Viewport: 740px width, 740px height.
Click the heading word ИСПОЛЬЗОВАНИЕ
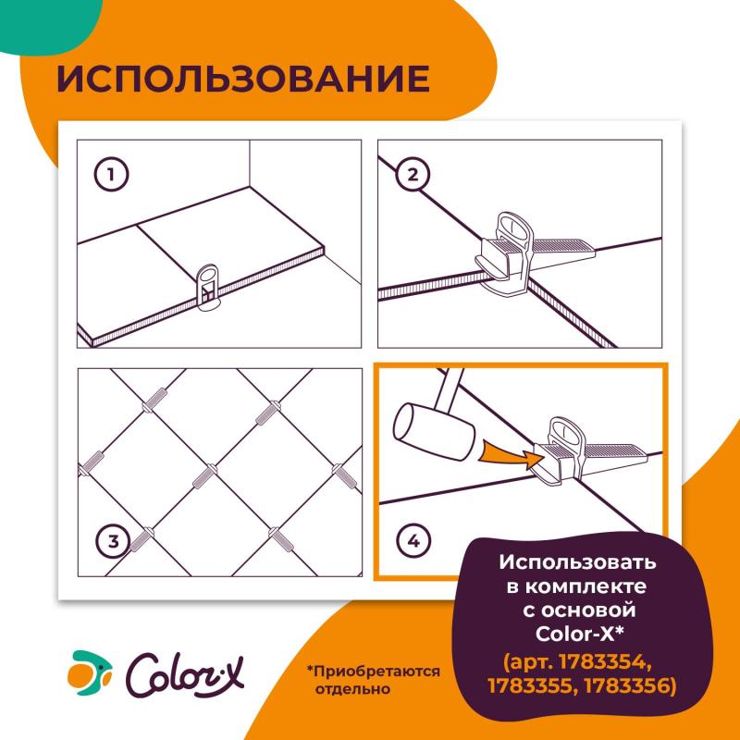pyautogui.click(x=243, y=80)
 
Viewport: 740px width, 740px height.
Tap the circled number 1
pyautogui.click(x=112, y=174)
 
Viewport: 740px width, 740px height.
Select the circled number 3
pyautogui.click(x=112, y=542)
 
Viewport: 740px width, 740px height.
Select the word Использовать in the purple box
pyautogui.click(x=577, y=562)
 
